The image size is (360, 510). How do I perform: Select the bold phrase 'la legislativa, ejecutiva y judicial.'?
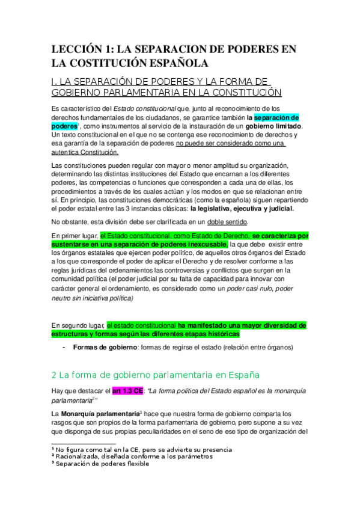[x=242, y=209]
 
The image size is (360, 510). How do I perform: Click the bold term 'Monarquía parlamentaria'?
[x=99, y=414]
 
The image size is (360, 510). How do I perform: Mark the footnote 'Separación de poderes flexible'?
[x=103, y=464]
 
